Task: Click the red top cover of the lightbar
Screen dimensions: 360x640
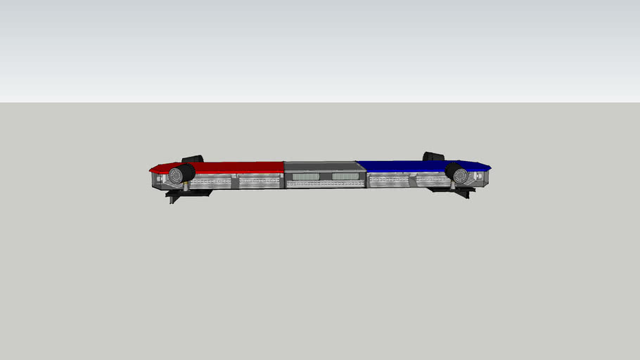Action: click(239, 167)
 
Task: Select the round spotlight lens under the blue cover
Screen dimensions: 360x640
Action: click(461, 174)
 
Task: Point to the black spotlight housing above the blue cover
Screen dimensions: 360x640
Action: click(433, 157)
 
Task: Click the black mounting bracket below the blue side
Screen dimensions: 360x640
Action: click(457, 191)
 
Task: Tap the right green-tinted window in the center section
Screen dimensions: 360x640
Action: click(345, 176)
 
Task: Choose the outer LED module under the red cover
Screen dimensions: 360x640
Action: click(210, 181)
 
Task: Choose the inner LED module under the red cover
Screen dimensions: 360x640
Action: click(260, 181)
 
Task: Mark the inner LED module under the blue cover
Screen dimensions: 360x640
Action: click(389, 181)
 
